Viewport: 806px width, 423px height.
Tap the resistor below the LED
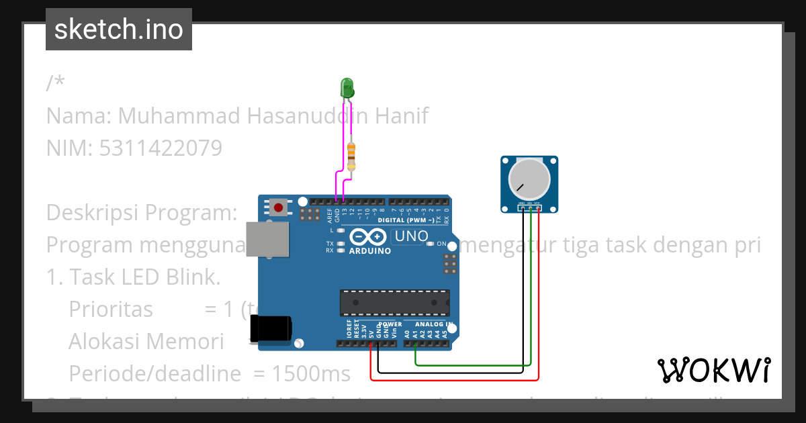pyautogui.click(x=351, y=156)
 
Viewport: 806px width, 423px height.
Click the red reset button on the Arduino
pyautogui.click(x=278, y=206)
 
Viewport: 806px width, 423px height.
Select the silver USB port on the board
pyautogui.click(x=267, y=239)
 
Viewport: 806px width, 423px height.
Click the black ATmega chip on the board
pyautogui.click(x=394, y=303)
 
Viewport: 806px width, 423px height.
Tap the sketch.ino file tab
pyautogui.click(x=119, y=30)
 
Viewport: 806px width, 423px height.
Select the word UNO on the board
pyautogui.click(x=411, y=236)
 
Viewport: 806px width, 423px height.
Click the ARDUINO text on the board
pyautogui.click(x=369, y=251)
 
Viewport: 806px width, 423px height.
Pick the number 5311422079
pyautogui.click(x=161, y=148)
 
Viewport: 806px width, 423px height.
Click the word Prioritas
pyautogui.click(x=111, y=310)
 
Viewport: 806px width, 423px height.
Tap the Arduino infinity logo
pyautogui.click(x=367, y=237)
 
